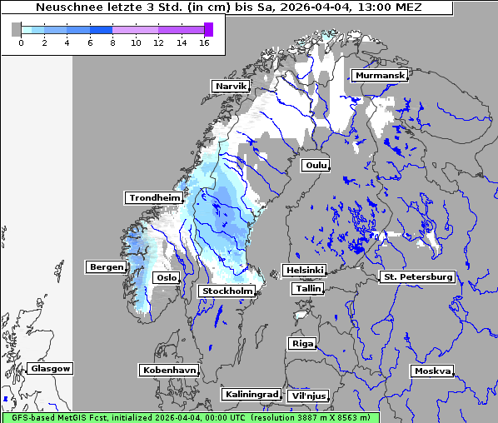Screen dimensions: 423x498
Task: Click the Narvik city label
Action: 232,86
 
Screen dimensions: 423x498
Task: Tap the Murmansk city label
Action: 380,76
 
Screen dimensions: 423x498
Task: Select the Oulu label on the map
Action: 316,165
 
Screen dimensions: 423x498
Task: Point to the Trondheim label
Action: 154,197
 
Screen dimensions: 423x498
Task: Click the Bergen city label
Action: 106,267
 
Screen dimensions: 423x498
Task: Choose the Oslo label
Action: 167,277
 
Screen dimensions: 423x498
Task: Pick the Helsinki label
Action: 304,271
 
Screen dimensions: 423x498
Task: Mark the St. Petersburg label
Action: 416,276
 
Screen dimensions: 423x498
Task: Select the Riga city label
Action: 301,343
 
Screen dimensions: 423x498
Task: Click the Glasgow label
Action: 51,368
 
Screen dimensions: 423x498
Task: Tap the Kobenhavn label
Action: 169,370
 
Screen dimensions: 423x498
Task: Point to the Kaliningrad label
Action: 251,394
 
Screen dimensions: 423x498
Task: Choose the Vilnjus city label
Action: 307,396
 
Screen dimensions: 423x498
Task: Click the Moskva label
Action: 432,371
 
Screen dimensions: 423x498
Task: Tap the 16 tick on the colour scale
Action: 203,42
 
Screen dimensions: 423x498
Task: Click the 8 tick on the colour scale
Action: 112,42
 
